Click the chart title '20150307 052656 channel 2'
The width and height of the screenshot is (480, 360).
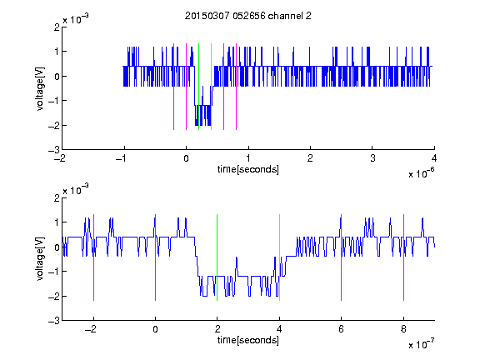248,16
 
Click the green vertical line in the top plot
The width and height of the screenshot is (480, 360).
198,87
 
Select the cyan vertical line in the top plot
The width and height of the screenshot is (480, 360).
211,87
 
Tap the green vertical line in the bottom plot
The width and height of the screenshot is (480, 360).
217,257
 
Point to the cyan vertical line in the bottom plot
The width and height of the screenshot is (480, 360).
279,257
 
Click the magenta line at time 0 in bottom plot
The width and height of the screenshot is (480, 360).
156,257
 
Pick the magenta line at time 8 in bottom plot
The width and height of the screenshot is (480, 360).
404,257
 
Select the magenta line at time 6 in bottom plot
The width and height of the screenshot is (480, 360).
342,257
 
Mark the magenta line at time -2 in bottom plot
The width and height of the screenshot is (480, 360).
93,257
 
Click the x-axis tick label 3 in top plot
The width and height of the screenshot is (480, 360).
372,158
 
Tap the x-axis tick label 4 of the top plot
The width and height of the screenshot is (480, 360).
434,158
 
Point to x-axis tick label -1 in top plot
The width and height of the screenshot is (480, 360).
122,158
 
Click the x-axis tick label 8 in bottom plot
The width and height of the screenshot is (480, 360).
404,329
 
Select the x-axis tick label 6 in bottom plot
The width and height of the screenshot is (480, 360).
342,329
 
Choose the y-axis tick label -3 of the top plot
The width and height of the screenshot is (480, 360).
54,150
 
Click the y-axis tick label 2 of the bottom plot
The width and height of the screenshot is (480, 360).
57,198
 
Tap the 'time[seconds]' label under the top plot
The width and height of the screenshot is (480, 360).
248,169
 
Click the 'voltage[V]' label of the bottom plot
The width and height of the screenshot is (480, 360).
40,258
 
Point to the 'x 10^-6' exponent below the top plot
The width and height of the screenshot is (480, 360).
422,173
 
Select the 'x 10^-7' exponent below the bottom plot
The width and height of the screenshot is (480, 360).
422,344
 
